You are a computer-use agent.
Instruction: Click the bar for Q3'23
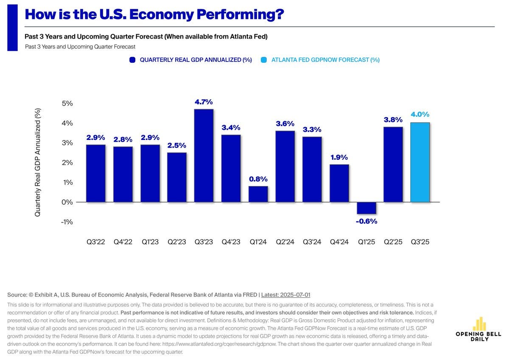pyautogui.click(x=204, y=156)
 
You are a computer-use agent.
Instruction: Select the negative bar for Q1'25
pyautogui.click(x=366, y=208)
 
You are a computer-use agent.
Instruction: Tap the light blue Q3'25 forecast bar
pyautogui.click(x=420, y=162)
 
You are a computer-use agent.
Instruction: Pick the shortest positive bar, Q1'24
pyautogui.click(x=258, y=194)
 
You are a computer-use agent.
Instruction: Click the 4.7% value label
pyautogui.click(x=204, y=102)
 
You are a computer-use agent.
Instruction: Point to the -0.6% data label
pyautogui.click(x=366, y=221)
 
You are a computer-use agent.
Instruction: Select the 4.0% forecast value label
pyautogui.click(x=420, y=114)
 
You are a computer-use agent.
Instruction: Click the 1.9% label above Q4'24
pyautogui.click(x=339, y=157)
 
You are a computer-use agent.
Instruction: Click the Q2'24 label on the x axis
pyautogui.click(x=285, y=242)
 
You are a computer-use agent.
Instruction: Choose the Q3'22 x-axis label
pyautogui.click(x=95, y=242)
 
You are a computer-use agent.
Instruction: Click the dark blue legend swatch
pyautogui.click(x=132, y=60)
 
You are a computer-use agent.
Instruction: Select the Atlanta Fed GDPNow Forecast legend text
pyautogui.click(x=325, y=60)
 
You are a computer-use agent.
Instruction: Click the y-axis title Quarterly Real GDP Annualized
pyautogui.click(x=38, y=163)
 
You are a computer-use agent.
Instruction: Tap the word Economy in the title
pyautogui.click(x=158, y=14)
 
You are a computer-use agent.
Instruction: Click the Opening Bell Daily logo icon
pyautogui.click(x=479, y=324)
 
